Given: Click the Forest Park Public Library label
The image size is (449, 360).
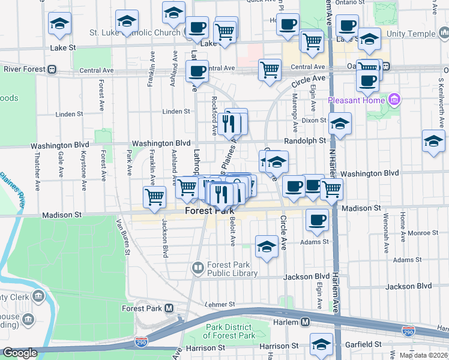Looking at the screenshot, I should (x=232, y=269).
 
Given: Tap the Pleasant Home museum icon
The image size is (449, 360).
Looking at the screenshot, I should (x=394, y=98).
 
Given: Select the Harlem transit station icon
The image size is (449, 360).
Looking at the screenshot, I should (x=305, y=322).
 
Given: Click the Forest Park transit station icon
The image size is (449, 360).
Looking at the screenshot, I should (x=169, y=308).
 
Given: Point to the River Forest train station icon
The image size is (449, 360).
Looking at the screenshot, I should (x=53, y=70).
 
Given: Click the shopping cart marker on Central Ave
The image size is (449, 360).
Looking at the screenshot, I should (x=270, y=70).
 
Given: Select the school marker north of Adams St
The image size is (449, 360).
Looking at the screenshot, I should (x=267, y=246).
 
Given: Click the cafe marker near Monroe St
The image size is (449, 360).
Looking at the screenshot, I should (x=318, y=219).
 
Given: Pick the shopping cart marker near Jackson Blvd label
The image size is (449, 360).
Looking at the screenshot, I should (x=155, y=196).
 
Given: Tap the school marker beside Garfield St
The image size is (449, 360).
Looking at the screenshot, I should (x=322, y=344).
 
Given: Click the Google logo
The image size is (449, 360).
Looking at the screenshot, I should (x=20, y=353).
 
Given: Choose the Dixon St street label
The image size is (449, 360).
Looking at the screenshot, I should (x=314, y=121).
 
